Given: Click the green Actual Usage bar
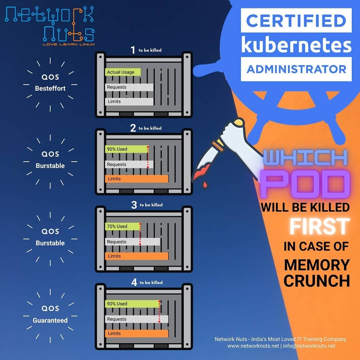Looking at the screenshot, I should [x=123, y=72].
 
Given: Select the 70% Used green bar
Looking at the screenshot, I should [x=122, y=226].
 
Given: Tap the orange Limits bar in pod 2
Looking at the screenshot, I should [x=137, y=179].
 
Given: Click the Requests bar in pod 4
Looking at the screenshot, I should [x=137, y=319].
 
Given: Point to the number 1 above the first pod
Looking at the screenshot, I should [x=133, y=50].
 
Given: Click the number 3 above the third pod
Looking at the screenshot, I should [x=134, y=205].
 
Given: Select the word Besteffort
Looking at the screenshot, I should [x=50, y=88].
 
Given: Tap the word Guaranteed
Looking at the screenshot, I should [x=50, y=320].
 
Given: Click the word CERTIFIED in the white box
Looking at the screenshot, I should [x=296, y=21].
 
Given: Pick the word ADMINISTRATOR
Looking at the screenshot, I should [x=296, y=69].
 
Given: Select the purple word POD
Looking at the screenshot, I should [x=304, y=184].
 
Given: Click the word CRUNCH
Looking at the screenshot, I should [x=317, y=281].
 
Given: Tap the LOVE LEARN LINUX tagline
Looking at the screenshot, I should [x=69, y=44].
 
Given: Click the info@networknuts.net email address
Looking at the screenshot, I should [x=309, y=346].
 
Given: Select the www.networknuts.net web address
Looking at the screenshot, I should [x=253, y=346].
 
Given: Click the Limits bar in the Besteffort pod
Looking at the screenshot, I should [x=129, y=101].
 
